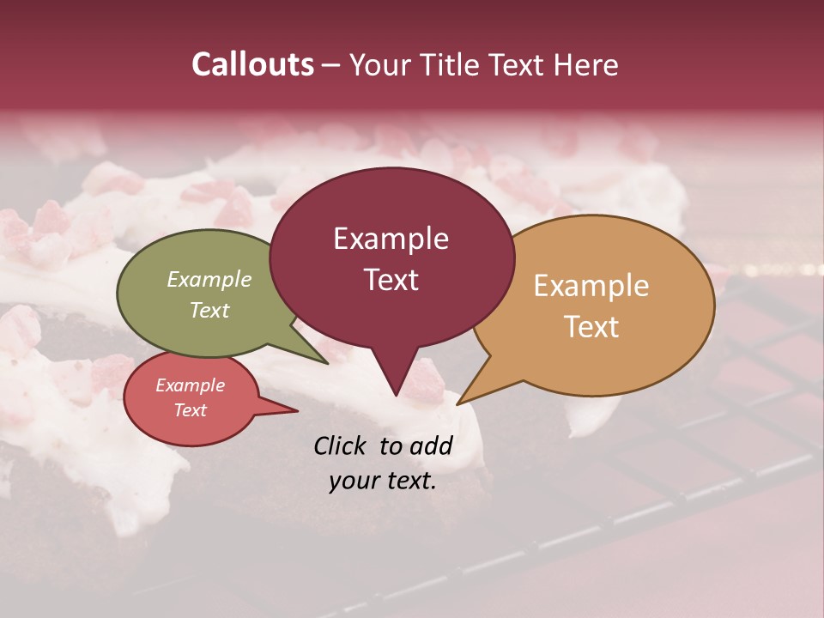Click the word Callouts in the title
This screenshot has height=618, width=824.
click(252, 64)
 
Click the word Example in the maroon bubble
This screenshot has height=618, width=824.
click(391, 239)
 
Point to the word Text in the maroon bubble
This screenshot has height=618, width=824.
click(391, 280)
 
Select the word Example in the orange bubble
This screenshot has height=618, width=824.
click(591, 286)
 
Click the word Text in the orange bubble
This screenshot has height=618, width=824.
click(591, 327)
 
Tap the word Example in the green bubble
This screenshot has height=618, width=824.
click(209, 279)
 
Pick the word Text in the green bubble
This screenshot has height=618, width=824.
click(209, 310)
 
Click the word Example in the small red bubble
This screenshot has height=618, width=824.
click(191, 385)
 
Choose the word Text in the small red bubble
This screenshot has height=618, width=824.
click(191, 410)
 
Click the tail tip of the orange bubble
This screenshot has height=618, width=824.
click(457, 403)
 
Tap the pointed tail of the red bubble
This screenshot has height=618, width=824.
click(295, 410)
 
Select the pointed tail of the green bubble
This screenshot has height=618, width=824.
click(327, 363)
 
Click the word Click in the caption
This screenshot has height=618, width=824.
click(341, 445)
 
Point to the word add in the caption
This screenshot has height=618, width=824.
click(431, 445)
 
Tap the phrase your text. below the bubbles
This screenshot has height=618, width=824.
click(382, 481)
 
